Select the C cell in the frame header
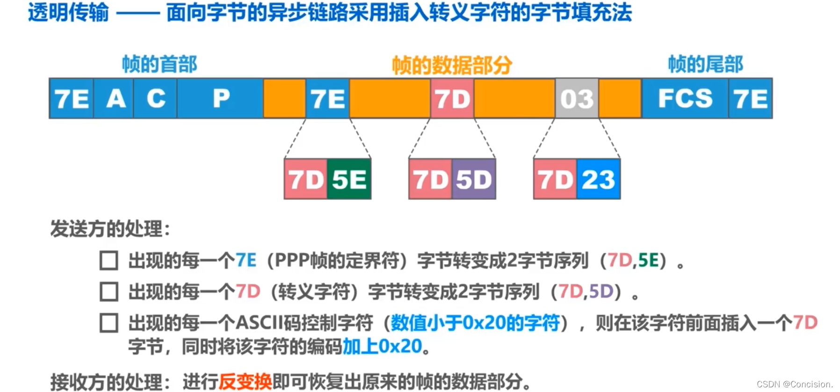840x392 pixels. pos(155,99)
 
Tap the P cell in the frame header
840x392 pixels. pos(220,99)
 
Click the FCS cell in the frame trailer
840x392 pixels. pos(685,99)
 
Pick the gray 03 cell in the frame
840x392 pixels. pos(577,99)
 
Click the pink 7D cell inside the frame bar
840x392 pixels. pos(452,99)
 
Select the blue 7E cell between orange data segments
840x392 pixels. pos(327,99)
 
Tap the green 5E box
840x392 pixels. pos(349,179)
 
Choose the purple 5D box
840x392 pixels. pos(474,179)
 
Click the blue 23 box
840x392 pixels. pos(598,179)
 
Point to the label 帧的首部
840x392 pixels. pos(159,64)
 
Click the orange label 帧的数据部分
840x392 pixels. pos(452,65)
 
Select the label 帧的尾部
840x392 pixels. pos(705,64)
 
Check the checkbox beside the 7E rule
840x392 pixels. pos(109,261)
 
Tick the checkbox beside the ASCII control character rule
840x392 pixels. pos(109,323)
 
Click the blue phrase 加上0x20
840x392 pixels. pos(382,347)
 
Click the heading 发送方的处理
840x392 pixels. pos(110,229)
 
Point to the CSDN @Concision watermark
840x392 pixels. pos(795,384)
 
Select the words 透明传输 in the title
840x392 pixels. pos(68,13)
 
